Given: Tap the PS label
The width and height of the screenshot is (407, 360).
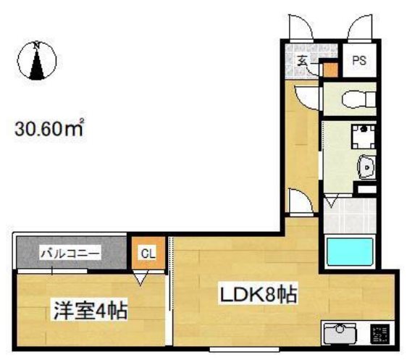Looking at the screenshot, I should tap(359, 62).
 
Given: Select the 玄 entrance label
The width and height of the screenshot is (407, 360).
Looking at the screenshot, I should tap(303, 61).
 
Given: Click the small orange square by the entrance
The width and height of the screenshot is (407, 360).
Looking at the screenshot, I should tap(330, 70).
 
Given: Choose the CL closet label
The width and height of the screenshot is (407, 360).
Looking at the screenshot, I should tap(148, 253).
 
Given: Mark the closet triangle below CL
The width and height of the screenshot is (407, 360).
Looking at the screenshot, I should tap(142, 278).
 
